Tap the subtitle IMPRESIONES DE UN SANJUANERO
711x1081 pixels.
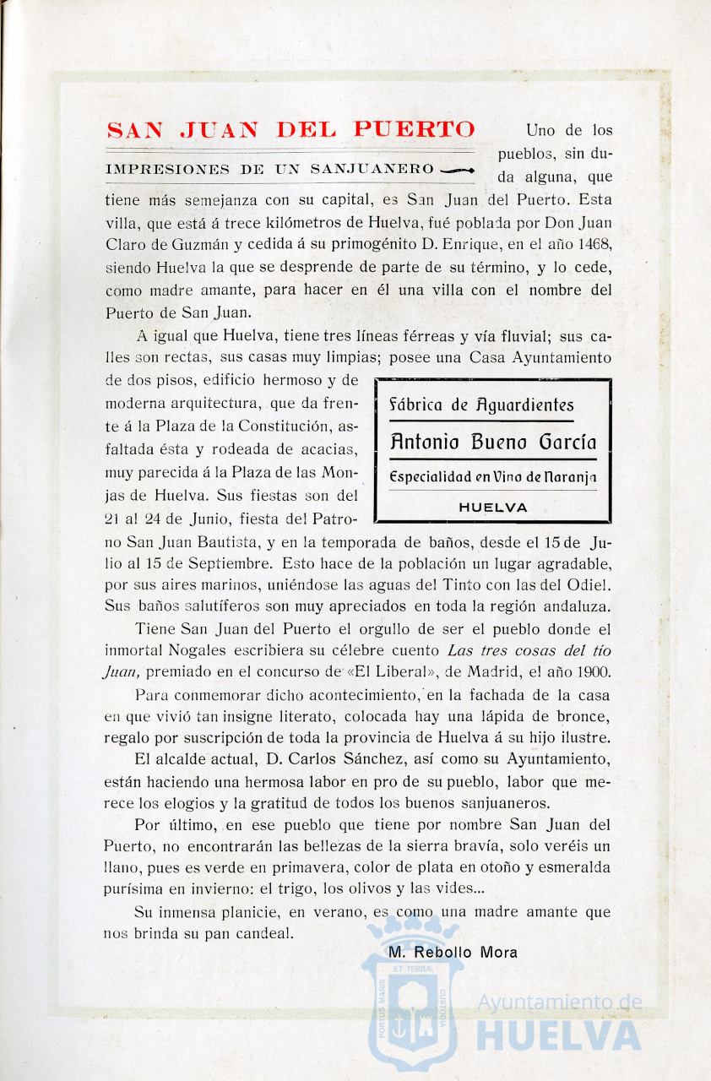269,170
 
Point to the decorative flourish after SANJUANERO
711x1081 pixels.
457,170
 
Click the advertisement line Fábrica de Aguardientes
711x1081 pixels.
480,405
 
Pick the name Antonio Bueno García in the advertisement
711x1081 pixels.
493,441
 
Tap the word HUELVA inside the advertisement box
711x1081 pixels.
493,508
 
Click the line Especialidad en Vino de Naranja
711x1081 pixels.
493,477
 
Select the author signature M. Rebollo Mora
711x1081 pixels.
453,952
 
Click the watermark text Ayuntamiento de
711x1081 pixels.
560,1002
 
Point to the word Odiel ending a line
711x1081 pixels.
589,584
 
